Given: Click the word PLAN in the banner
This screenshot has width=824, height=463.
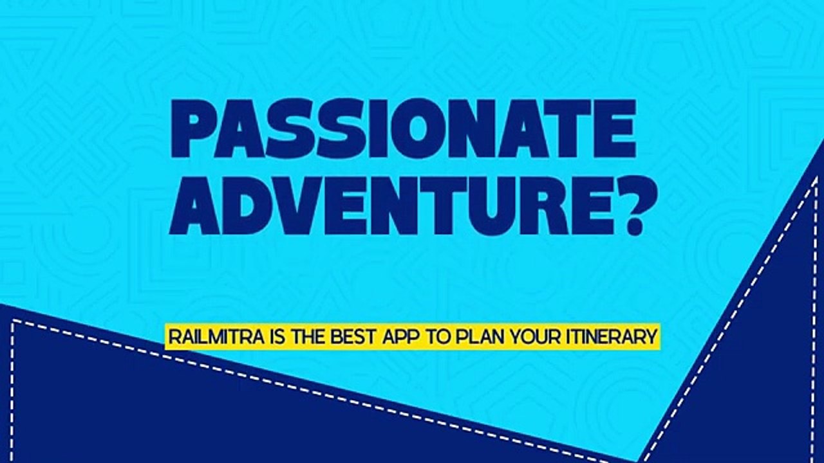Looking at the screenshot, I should [x=452, y=336].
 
